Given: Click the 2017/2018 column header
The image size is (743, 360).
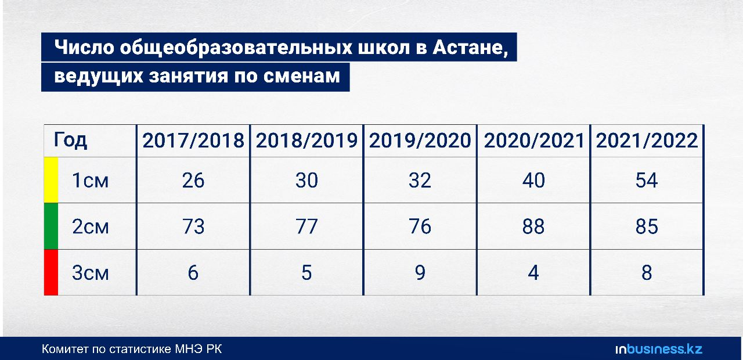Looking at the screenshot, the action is (193, 141).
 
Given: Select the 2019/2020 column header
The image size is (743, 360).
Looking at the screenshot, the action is (420, 141).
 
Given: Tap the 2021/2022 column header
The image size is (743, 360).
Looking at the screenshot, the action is (647, 141).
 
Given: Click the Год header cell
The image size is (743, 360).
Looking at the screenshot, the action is (70, 141).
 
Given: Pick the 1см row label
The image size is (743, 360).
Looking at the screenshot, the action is (90, 181).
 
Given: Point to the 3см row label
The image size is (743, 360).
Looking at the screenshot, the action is (90, 273).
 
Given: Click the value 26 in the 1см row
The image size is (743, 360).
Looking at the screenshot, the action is (193, 181).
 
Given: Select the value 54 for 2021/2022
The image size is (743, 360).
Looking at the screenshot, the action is (647, 181).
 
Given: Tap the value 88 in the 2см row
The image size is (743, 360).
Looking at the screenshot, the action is (533, 226).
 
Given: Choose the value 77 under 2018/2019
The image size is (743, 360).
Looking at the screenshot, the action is (306, 226).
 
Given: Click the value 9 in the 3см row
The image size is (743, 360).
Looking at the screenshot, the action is (420, 273).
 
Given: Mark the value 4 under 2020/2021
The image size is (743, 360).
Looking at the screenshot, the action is (533, 273).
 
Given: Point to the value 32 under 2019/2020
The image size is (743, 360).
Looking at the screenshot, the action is (420, 181).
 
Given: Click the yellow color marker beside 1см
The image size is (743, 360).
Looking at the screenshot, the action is (51, 180).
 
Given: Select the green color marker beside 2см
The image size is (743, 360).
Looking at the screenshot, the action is (51, 226).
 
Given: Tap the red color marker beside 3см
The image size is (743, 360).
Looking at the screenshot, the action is (51, 272).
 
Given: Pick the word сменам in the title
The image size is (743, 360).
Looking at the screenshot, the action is (301, 76).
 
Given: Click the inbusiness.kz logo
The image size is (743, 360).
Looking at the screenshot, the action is (659, 349).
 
